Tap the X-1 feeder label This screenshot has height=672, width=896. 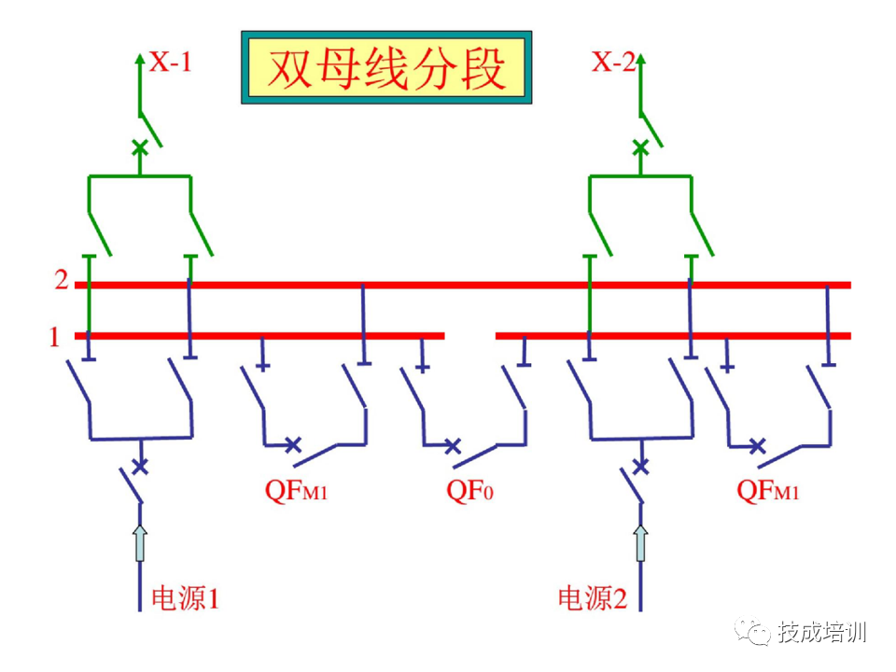click(171, 63)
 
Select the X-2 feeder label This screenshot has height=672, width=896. click(613, 63)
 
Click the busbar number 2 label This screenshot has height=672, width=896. click(61, 280)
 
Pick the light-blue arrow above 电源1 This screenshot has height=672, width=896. click(140, 542)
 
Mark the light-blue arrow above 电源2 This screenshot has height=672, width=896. click(640, 542)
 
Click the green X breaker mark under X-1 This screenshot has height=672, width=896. click(140, 147)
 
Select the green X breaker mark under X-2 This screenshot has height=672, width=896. click(640, 147)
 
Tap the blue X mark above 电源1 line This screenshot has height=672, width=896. click(140, 464)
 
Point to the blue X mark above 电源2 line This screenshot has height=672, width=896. click(640, 464)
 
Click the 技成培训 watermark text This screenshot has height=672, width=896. click(822, 632)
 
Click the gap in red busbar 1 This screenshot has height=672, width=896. click(469, 336)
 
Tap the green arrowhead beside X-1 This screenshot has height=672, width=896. click(140, 61)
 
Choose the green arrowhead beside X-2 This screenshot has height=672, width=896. click(641, 61)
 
